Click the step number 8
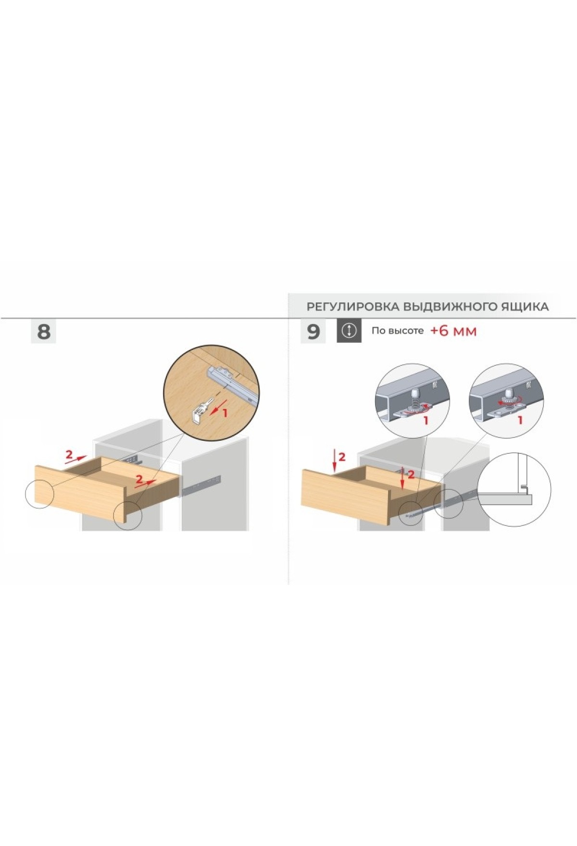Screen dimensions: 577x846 coord(43,332)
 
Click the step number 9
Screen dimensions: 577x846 coord(313,332)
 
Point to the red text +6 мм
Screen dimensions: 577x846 coord(453,331)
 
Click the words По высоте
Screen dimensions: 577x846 coord(397,331)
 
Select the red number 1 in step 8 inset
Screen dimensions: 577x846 coord(224,411)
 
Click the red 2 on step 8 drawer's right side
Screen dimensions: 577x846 coord(139,479)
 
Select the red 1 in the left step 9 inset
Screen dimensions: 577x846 coord(425,421)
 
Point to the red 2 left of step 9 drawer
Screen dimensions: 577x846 coord(342,457)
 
